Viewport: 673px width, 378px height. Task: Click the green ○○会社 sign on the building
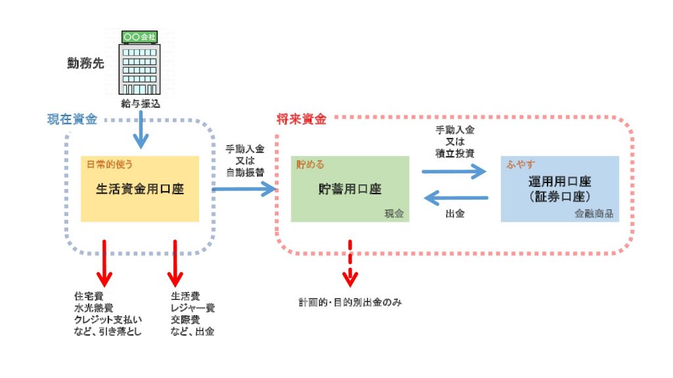(x=139, y=37)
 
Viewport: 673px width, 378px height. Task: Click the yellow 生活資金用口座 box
(x=139, y=189)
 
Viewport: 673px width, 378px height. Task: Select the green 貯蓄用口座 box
(x=350, y=189)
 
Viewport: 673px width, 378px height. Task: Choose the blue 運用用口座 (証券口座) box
(x=559, y=189)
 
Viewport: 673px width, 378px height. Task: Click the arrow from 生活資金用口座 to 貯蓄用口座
(x=243, y=190)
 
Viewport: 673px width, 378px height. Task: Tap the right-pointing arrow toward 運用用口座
(x=454, y=173)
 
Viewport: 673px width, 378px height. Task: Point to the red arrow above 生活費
(x=175, y=261)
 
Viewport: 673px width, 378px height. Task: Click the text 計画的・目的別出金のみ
(x=350, y=303)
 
